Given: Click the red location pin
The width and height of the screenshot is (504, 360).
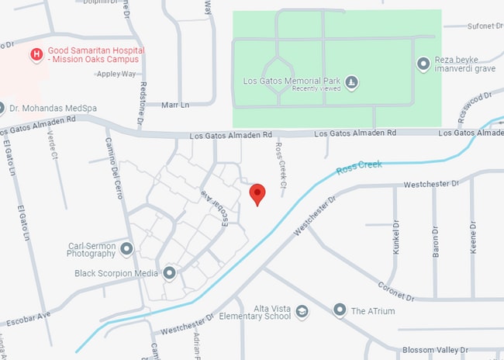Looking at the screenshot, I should [x=257, y=193].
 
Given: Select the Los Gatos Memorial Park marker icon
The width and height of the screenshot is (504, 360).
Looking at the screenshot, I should [x=351, y=81].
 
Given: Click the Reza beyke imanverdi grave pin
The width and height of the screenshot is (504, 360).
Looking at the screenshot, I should [x=423, y=64].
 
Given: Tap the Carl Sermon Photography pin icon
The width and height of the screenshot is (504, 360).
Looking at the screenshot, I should [x=127, y=248].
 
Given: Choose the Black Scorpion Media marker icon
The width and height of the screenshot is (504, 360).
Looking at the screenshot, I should [x=169, y=273].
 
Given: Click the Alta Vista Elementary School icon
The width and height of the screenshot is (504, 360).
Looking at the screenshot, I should [x=302, y=311].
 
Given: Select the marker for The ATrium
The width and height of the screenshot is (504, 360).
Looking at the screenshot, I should [x=339, y=310].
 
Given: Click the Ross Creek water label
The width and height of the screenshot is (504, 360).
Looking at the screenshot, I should [x=359, y=168].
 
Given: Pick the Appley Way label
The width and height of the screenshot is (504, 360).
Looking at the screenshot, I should [x=116, y=74].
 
